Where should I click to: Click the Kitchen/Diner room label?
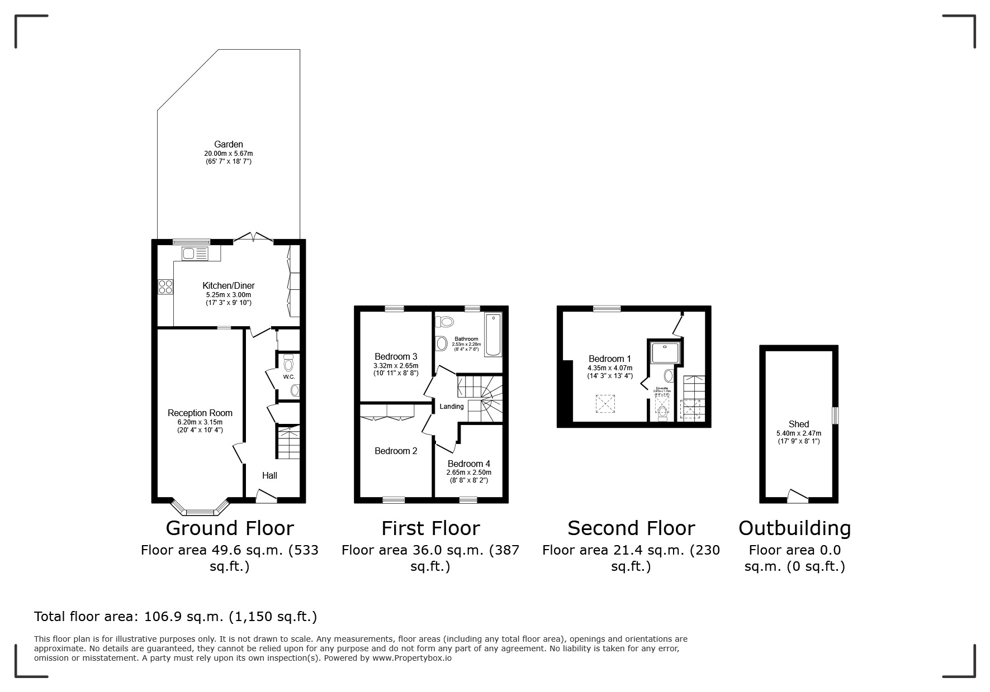coord(228,285)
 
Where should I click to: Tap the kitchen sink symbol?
coord(195,254)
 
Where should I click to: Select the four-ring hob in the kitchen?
coord(165,287)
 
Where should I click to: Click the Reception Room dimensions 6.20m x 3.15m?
coord(200,422)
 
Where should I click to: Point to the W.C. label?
coord(288,377)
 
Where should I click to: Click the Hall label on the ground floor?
coord(269,475)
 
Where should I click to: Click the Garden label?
coord(228,144)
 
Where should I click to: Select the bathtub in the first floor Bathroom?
coord(493,335)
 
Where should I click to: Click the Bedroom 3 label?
coord(396,356)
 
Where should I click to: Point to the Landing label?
coord(451,407)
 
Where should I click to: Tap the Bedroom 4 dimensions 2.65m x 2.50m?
coord(468,473)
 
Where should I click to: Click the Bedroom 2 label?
coord(396,451)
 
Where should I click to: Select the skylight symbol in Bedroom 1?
coord(605,403)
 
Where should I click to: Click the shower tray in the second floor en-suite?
coord(665,351)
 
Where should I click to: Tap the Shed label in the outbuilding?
coord(798,424)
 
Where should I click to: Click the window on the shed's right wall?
coord(835,416)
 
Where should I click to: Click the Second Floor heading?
coord(631,528)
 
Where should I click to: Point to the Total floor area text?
coord(176,617)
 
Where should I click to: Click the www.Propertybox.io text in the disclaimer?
coord(412,658)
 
